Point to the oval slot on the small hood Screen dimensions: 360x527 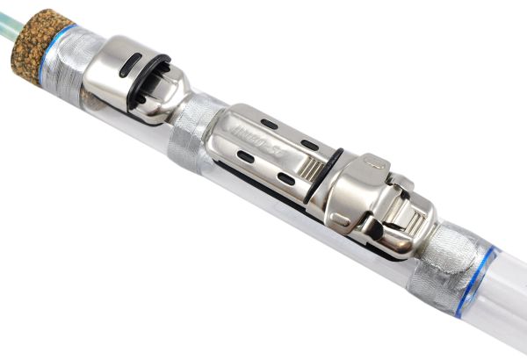point(129,64)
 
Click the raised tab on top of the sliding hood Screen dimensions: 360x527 point(373,164)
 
